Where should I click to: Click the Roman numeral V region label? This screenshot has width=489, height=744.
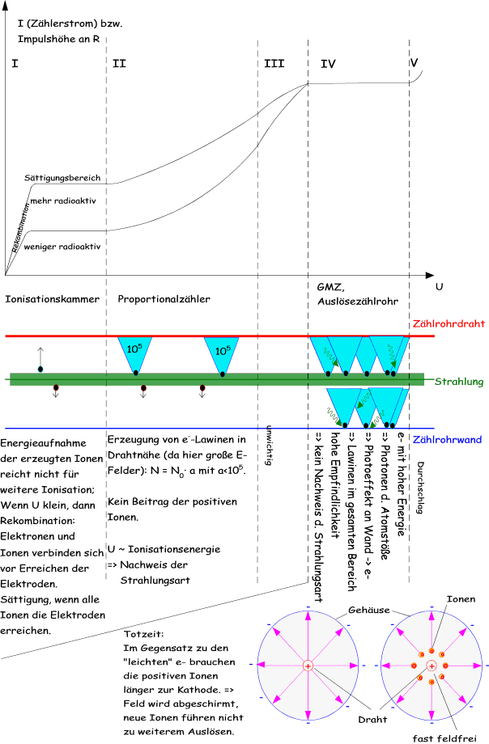pos(415,62)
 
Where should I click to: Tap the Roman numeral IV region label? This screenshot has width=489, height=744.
pos(328,62)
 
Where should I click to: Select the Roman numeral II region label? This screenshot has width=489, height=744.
pos(119,62)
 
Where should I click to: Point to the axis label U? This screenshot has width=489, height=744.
pos(438,287)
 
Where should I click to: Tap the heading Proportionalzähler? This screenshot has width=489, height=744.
pos(164,299)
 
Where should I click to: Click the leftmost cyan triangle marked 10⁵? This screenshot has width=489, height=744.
pos(135,350)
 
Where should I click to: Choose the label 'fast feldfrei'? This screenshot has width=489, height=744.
pos(436,737)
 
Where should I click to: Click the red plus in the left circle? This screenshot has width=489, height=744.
pos(308,665)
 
